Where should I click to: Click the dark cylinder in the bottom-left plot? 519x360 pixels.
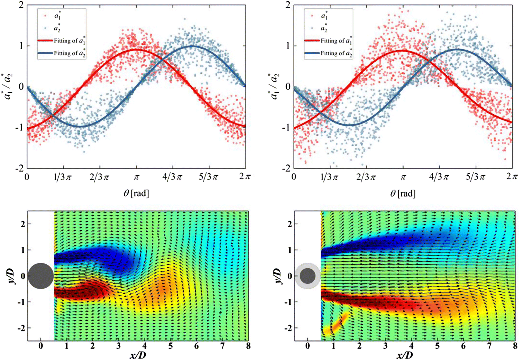point(41,276)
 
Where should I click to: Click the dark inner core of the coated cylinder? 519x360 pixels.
point(308,276)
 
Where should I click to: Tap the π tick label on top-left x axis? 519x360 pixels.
point(136,177)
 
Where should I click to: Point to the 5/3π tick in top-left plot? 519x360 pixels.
point(209,177)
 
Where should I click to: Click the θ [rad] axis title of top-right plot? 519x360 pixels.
point(403,193)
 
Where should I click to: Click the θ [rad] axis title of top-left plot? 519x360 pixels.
point(136,193)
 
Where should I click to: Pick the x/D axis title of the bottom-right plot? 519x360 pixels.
point(404,356)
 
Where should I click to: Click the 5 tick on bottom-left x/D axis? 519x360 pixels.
point(170,346)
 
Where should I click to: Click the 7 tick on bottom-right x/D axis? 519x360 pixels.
point(489,346)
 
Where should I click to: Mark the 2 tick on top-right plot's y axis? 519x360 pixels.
point(288,5)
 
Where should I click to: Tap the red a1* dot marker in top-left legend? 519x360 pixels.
point(45,16)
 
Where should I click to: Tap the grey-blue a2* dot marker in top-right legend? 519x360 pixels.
point(312,28)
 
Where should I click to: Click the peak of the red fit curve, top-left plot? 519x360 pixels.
point(136,49)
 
